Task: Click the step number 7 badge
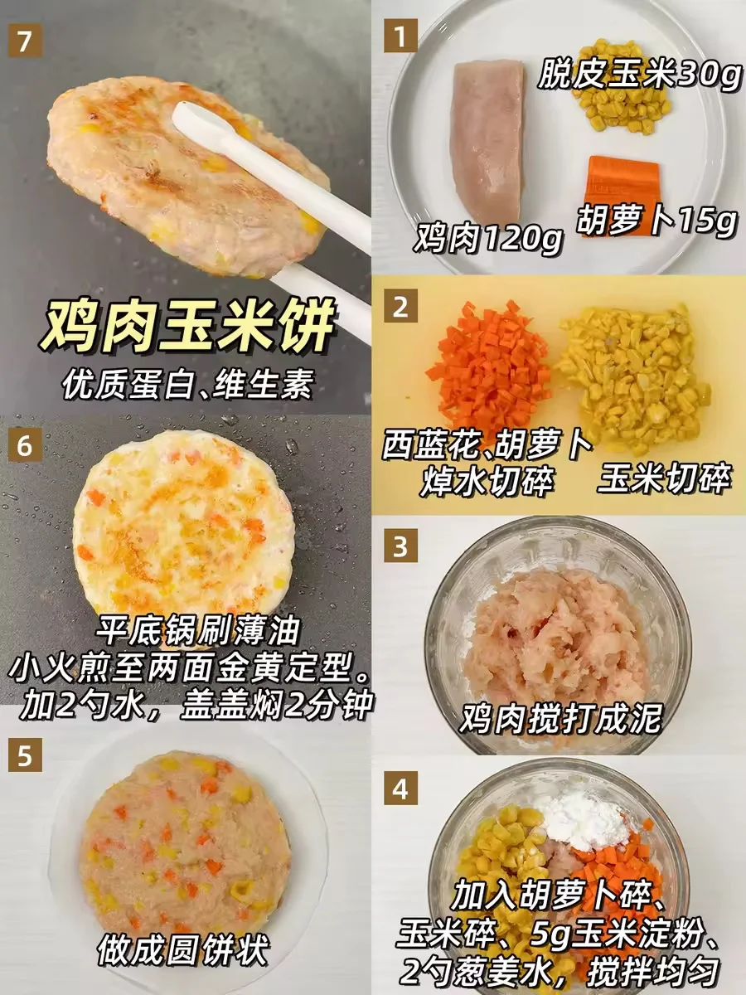pos(26,41)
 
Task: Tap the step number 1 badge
pos(401,36)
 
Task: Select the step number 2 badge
pos(401,306)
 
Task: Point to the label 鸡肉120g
pos(488,240)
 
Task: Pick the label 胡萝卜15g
pos(655,221)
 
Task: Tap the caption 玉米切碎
pos(664,478)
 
